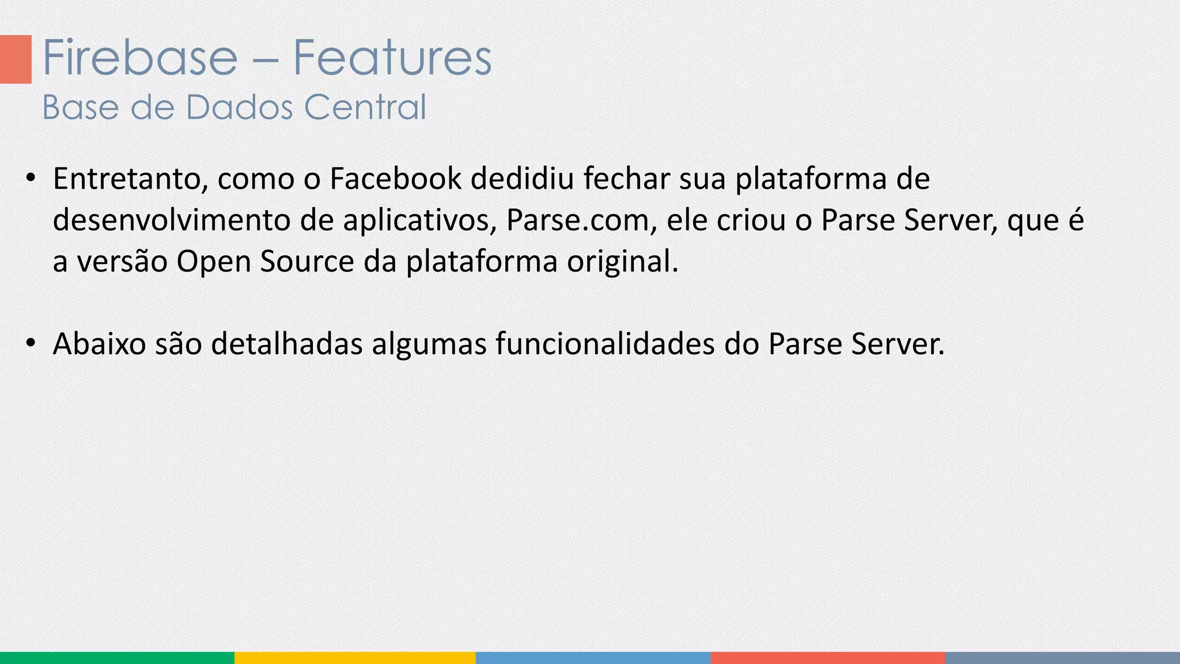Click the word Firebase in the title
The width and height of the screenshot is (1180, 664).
pos(140,58)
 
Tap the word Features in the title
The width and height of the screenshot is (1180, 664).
pos(392,58)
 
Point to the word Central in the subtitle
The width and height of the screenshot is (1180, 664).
pos(365,107)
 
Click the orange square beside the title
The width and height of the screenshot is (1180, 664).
pos(16,59)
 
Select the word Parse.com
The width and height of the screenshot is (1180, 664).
pos(578,220)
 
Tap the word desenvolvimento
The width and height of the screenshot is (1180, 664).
pos(172,220)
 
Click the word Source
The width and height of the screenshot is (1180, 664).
pos(307,262)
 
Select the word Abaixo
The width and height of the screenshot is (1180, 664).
pos(99,344)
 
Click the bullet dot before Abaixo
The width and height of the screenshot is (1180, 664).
pos(31,343)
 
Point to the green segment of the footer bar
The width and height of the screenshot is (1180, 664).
pos(117,658)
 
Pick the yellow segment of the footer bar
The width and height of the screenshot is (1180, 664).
pos(355,658)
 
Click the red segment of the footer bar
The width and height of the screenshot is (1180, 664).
pos(827,658)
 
